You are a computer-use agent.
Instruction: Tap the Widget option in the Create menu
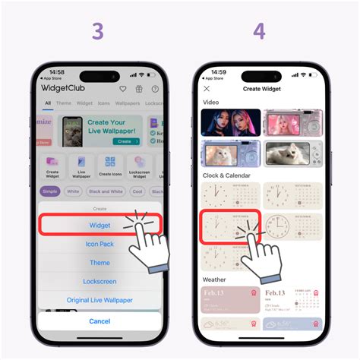(99, 225)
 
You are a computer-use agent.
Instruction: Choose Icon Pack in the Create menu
(99, 245)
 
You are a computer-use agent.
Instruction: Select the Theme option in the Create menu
(99, 263)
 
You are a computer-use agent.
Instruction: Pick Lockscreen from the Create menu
(99, 282)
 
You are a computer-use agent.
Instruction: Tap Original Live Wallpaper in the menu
(99, 300)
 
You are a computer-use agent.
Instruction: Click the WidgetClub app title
(65, 87)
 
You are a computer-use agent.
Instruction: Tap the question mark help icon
(155, 88)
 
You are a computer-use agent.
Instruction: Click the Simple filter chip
(51, 191)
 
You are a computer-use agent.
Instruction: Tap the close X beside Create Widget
(207, 89)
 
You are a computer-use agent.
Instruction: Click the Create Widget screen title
(261, 89)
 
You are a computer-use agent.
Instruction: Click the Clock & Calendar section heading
(227, 176)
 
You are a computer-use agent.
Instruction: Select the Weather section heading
(215, 279)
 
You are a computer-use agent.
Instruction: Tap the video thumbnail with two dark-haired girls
(231, 122)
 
